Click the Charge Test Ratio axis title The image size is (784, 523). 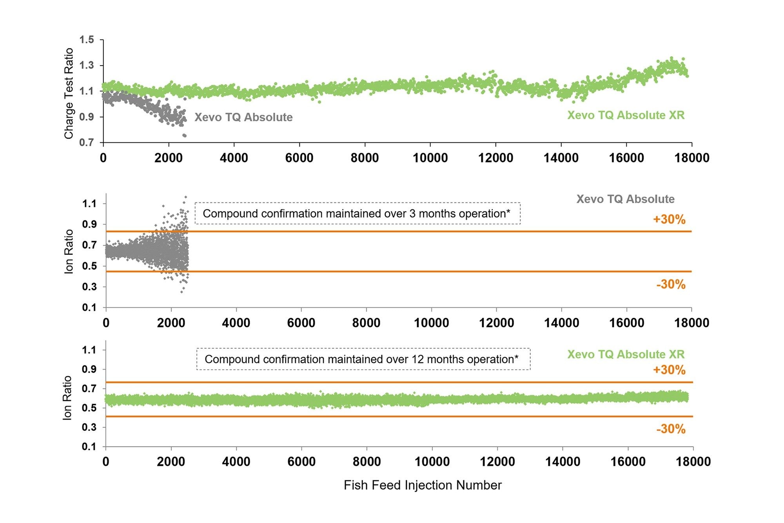[x=69, y=93]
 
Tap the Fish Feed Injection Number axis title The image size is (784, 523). [x=423, y=485]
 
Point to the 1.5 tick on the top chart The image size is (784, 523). [x=87, y=40]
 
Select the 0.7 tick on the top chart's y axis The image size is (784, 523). [x=87, y=142]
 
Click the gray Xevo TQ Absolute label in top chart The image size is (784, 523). [x=243, y=117]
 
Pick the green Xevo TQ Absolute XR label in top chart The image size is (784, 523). [x=626, y=115]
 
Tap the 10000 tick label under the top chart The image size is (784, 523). [x=430, y=158]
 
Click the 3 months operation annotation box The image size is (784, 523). [x=358, y=213]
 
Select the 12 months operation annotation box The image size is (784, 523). [x=363, y=359]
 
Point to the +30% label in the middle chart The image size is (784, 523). [x=669, y=219]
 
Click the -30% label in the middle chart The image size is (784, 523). [x=671, y=284]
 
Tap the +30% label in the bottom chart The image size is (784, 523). [x=669, y=370]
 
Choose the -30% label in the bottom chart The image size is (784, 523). [x=671, y=429]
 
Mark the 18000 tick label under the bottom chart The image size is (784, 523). [x=693, y=462]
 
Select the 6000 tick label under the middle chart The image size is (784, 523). [x=301, y=323]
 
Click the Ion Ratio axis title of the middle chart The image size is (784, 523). [x=69, y=251]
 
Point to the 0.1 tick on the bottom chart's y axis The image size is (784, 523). [x=89, y=446]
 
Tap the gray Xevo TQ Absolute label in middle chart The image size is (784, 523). [x=625, y=199]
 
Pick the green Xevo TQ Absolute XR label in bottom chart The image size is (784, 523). [x=626, y=355]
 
